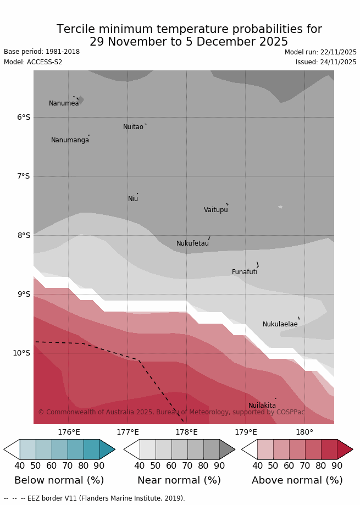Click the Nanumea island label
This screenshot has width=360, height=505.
(x=64, y=103)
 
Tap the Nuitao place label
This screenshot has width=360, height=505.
(x=133, y=127)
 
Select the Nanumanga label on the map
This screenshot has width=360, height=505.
(x=70, y=140)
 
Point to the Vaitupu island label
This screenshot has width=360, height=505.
(x=215, y=210)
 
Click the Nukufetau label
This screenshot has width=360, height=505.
(x=192, y=243)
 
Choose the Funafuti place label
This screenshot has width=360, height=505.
(x=245, y=272)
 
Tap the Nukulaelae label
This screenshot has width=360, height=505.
(x=280, y=324)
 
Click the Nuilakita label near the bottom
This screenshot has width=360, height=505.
(x=262, y=406)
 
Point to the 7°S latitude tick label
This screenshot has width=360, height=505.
(x=23, y=176)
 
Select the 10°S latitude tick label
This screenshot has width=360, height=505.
(x=21, y=353)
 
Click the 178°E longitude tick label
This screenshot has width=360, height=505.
(x=186, y=432)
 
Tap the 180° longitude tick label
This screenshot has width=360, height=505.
(x=304, y=432)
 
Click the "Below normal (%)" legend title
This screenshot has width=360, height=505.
(x=59, y=480)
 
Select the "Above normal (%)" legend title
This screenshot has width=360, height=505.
(x=297, y=480)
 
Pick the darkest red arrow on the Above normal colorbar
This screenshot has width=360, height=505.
(x=344, y=449)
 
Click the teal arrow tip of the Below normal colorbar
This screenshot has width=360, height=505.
(x=107, y=449)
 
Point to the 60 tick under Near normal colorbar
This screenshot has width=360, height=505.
(x=171, y=466)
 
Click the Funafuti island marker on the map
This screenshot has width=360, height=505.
(x=257, y=265)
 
